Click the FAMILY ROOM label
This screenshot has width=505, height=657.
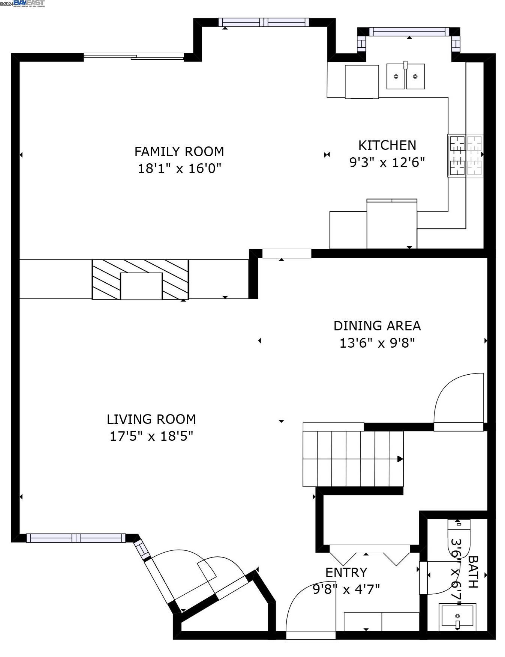pos(179,152)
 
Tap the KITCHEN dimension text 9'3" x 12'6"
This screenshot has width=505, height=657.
pos(387,163)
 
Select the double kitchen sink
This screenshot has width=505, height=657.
pos(405,76)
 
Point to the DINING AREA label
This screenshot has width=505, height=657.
pos(377,326)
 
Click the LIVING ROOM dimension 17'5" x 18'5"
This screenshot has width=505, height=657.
pos(151,436)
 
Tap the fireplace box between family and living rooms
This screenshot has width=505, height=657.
pos(141,286)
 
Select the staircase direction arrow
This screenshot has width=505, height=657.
pos(400,459)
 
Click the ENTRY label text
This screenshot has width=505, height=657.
pos(346,573)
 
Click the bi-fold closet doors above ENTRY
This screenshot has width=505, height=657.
pos(370,555)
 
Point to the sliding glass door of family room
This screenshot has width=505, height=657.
pos(134,57)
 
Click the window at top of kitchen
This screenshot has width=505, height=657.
pos(409,32)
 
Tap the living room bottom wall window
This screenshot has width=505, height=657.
pos(76,538)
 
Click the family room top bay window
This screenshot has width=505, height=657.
pos(264,22)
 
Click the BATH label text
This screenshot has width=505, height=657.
pos(473,572)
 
